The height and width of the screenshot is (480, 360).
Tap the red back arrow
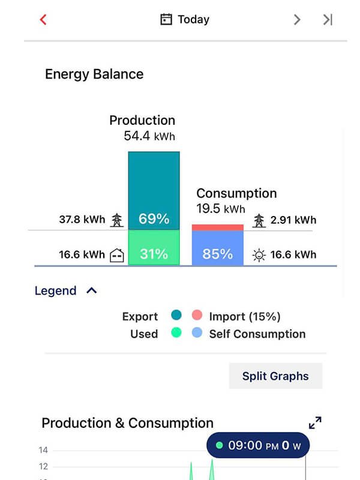[43, 19]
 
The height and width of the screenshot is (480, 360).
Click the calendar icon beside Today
[166, 20]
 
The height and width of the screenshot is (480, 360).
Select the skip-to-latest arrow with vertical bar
[328, 19]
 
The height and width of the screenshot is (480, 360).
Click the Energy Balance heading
[94, 74]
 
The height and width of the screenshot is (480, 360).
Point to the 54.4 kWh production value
[149, 136]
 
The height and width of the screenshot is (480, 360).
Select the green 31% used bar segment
[154, 248]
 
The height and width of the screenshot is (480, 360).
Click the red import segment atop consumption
[217, 227]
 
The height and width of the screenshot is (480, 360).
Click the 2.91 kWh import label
[293, 220]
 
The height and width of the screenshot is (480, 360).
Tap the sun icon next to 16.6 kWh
[259, 255]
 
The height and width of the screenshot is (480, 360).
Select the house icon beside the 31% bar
[117, 255]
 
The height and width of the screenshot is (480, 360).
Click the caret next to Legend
[91, 290]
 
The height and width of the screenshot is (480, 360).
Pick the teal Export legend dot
[176, 316]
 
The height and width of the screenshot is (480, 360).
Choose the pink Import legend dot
[197, 316]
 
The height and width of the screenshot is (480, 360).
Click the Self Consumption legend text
[257, 334]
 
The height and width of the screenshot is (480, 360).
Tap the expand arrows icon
[315, 422]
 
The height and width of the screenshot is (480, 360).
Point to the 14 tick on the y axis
[43, 450]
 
